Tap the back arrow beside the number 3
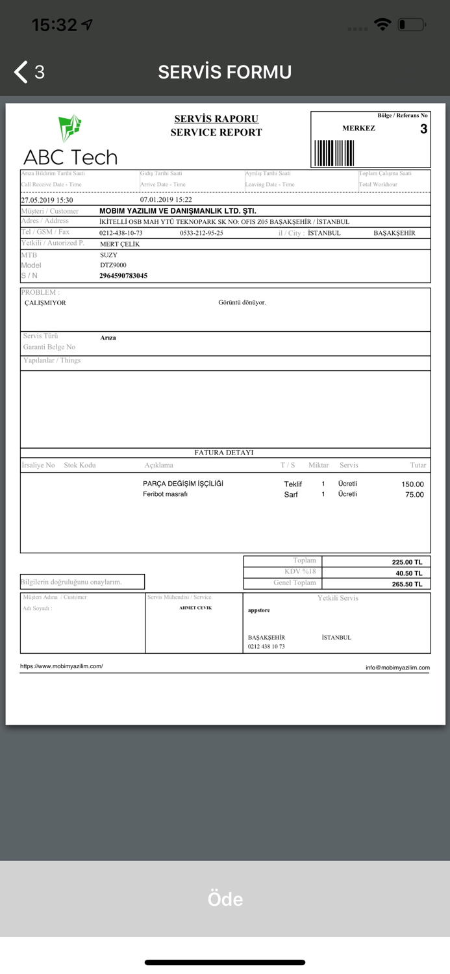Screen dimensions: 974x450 pyautogui.click(x=21, y=72)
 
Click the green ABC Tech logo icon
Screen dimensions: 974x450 pyautogui.click(x=69, y=128)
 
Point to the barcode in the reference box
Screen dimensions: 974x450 pyautogui.click(x=334, y=153)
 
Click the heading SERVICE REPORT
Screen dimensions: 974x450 pyautogui.click(x=216, y=132)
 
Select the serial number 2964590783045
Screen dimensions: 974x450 pyautogui.click(x=123, y=276)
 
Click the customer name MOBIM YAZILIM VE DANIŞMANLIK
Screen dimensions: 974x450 pyautogui.click(x=177, y=211)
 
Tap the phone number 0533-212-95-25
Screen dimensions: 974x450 pyautogui.click(x=201, y=233)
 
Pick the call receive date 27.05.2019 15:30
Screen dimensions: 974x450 pyautogui.click(x=47, y=200)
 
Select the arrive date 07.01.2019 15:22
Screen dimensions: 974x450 pyautogui.click(x=166, y=200)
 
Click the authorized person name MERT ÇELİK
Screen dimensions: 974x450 pyautogui.click(x=119, y=244)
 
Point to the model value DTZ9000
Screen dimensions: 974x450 pyautogui.click(x=113, y=266)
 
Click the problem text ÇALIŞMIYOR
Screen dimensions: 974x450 pyautogui.click(x=45, y=303)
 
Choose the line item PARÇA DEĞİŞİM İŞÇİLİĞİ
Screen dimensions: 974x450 pyautogui.click(x=183, y=484)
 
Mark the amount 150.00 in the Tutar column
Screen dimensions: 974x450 pyautogui.click(x=412, y=484)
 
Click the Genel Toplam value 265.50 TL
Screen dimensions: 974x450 pyautogui.click(x=407, y=584)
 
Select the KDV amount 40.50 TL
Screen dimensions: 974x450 pyautogui.click(x=409, y=573)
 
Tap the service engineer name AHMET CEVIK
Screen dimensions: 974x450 pyautogui.click(x=195, y=608)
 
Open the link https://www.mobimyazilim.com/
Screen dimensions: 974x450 pyautogui.click(x=61, y=666)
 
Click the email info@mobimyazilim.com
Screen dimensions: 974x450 pyautogui.click(x=397, y=668)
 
